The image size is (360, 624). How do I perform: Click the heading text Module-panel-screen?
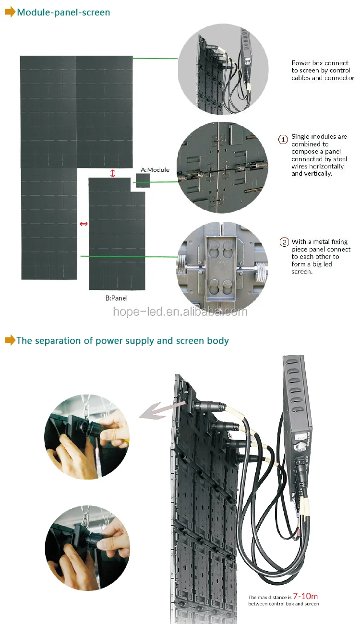[63, 12]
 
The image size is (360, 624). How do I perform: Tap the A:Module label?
[155, 170]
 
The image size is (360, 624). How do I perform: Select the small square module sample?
[143, 180]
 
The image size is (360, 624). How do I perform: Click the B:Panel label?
[117, 298]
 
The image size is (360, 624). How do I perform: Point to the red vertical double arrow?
[113, 173]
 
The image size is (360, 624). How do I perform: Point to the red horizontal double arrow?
[84, 224]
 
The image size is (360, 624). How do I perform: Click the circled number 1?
[283, 139]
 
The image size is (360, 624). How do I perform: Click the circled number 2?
[284, 242]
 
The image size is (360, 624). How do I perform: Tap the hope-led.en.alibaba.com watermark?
[180, 312]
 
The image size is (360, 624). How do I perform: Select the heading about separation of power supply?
[122, 341]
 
